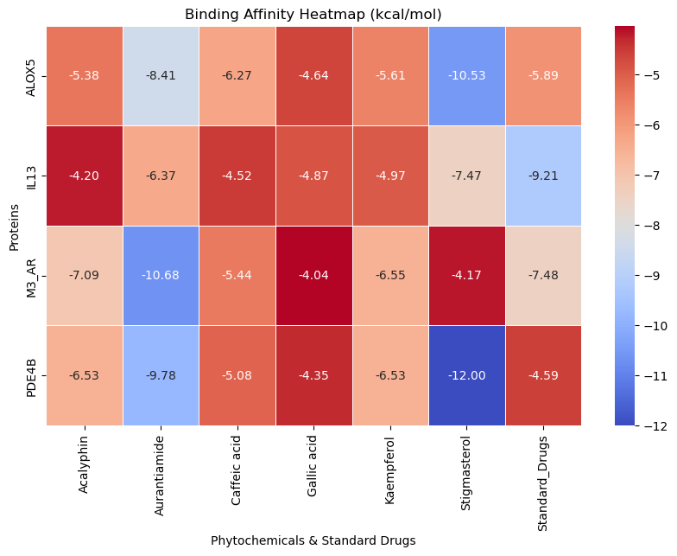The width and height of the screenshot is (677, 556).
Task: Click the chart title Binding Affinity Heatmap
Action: click(x=313, y=14)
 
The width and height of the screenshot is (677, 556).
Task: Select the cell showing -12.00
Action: click(x=467, y=375)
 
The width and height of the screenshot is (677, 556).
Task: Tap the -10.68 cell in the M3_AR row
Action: click(x=161, y=276)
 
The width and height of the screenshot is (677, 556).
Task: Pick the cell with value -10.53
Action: click(x=467, y=75)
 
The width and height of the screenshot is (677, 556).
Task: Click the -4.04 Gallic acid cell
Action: click(x=313, y=276)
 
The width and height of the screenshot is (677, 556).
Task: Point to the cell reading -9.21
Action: click(x=544, y=176)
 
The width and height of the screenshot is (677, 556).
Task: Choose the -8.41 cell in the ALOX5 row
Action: click(x=161, y=75)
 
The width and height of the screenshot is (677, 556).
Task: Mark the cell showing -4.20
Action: click(x=84, y=176)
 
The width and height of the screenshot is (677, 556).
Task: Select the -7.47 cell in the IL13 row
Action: click(x=467, y=176)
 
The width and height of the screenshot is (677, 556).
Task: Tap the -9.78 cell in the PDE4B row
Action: click(x=161, y=375)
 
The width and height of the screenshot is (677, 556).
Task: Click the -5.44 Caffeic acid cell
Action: click(x=237, y=276)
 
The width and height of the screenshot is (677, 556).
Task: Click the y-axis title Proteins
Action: click(x=13, y=226)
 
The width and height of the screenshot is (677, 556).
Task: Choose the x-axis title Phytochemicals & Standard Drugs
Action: click(x=313, y=540)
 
